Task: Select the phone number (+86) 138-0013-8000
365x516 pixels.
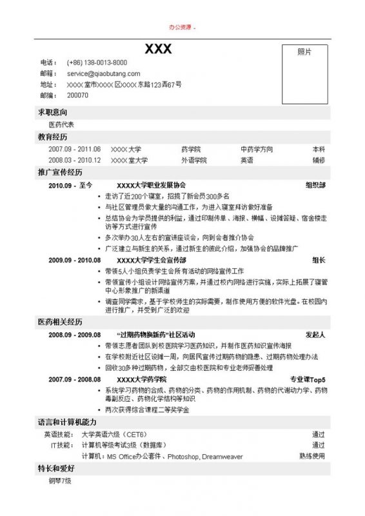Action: [x=97, y=63]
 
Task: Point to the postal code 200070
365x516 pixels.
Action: [x=77, y=95]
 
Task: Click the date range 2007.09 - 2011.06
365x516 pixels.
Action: [x=74, y=149]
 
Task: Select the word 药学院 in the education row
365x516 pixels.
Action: [x=191, y=149]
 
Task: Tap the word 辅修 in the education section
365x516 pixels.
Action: [x=319, y=160]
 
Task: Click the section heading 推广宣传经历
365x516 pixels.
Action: [x=60, y=173]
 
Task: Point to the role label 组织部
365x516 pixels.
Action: [x=315, y=185]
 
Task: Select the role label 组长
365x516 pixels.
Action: [x=319, y=260]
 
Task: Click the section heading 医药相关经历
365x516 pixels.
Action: [x=60, y=321]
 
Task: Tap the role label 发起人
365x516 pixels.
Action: [x=315, y=335]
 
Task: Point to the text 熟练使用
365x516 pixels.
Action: [x=312, y=456]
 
